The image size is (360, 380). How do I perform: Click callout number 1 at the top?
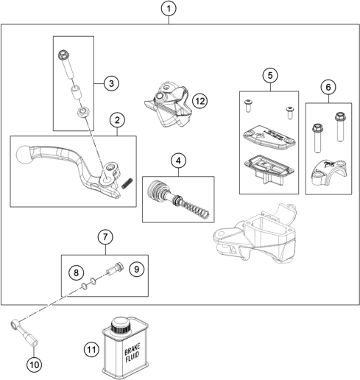tap(169, 10)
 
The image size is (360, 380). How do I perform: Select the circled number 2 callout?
tap(116, 120)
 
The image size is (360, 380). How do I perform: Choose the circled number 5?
tap(270, 75)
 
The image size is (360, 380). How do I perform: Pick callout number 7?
tap(105, 237)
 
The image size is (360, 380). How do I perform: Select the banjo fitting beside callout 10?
tap(20, 325)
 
